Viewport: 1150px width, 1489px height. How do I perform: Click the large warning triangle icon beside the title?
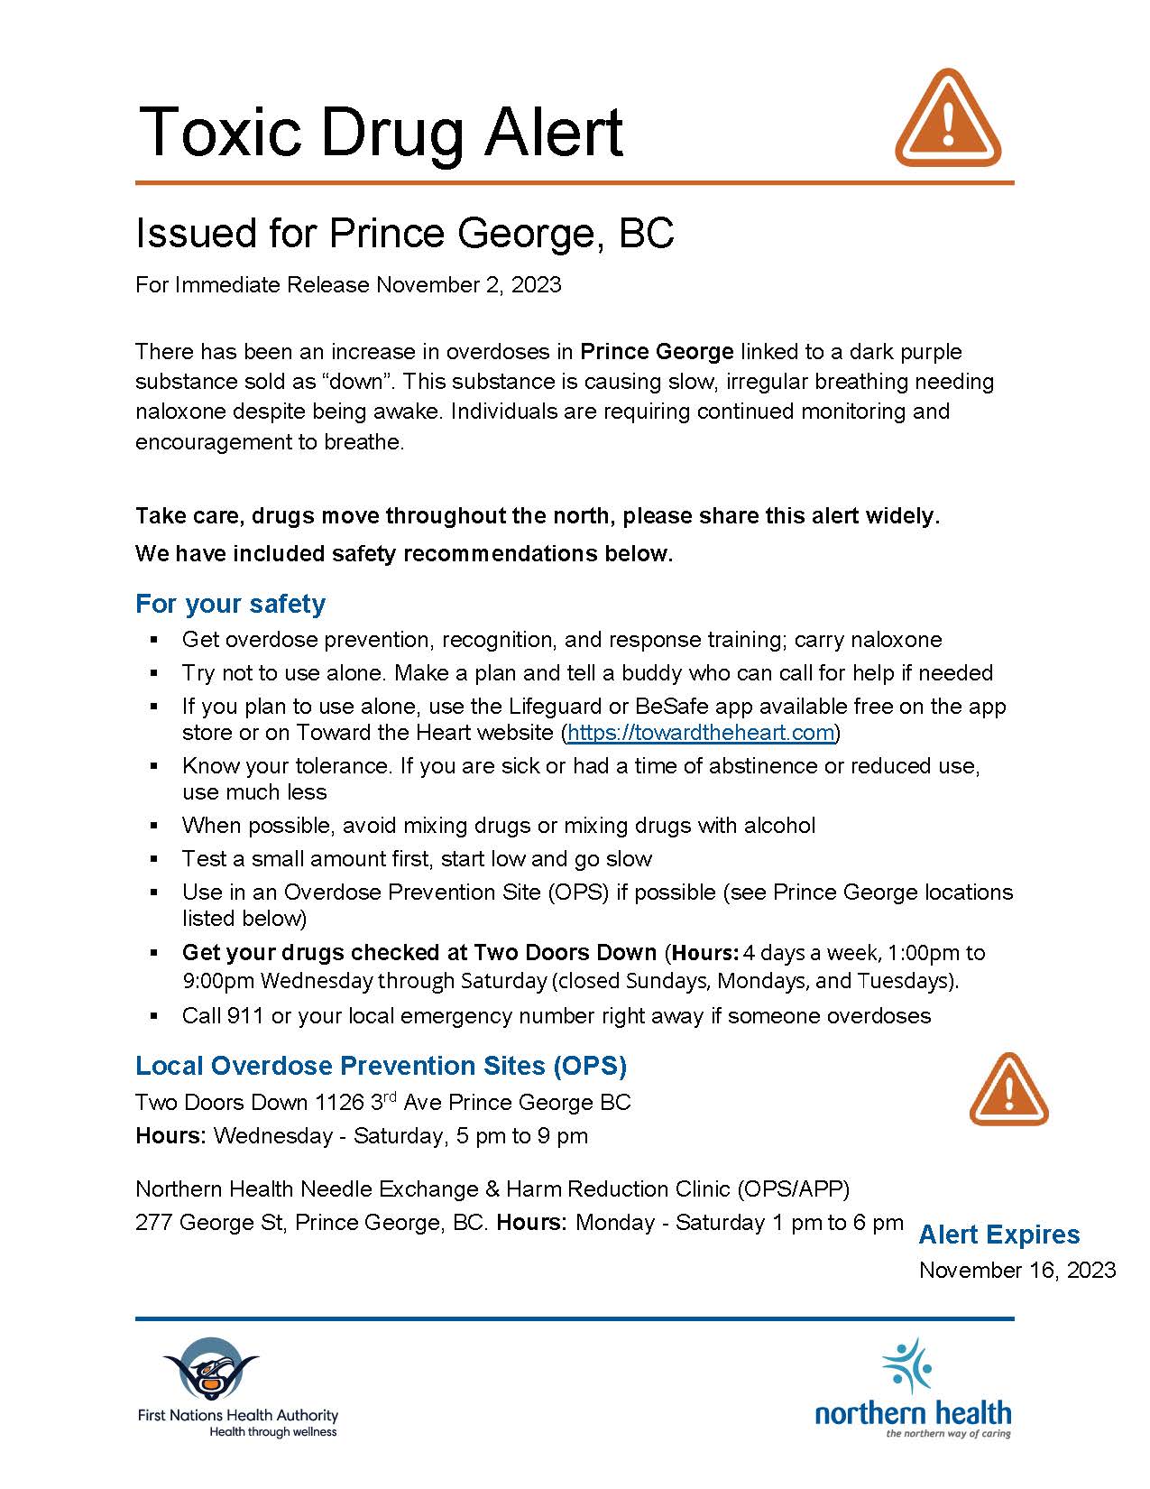click(x=947, y=119)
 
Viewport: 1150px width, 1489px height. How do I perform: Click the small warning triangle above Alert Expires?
click(x=1008, y=1089)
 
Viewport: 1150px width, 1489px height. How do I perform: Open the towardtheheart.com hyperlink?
click(x=701, y=732)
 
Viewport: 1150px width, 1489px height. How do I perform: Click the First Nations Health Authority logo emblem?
click(x=210, y=1369)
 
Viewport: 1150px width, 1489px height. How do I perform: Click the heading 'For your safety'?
click(x=230, y=603)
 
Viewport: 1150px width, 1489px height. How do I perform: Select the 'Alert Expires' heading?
click(x=998, y=1235)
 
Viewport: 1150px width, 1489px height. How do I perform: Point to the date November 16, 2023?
click(x=1017, y=1270)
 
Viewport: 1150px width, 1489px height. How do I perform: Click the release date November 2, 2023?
click(x=468, y=285)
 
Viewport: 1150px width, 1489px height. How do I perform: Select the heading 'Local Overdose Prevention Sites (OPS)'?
click(x=381, y=1066)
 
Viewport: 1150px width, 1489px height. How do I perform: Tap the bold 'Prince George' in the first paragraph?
click(x=656, y=351)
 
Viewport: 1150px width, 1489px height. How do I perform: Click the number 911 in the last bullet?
click(x=245, y=1016)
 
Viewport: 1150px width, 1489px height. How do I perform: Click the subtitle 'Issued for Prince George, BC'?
click(x=404, y=233)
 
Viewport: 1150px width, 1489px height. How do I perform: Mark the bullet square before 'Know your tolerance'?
click(x=154, y=765)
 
